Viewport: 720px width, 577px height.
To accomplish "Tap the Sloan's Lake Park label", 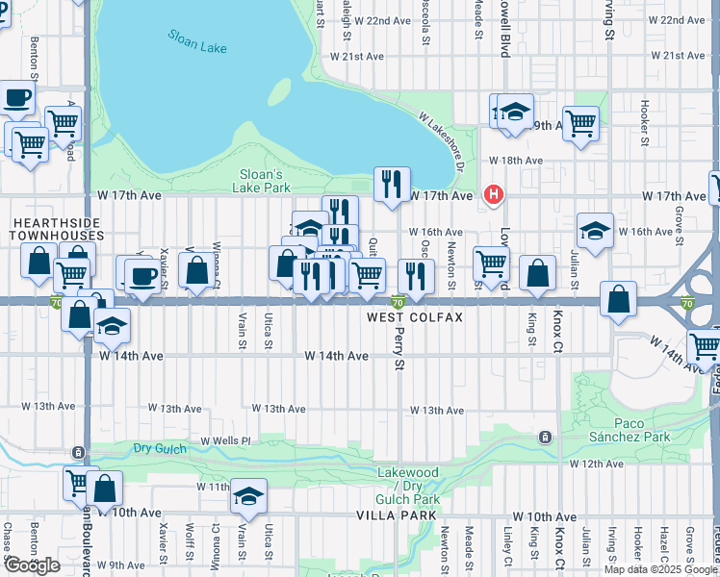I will tap(261, 181).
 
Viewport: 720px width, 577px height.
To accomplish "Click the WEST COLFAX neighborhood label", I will tap(415, 317).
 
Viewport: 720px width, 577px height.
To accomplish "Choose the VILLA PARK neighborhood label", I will tap(390, 516).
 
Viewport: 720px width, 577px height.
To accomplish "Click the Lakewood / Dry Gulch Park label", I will tap(408, 486).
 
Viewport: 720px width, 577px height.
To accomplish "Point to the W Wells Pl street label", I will tap(225, 440).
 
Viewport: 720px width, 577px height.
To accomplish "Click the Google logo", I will tap(32, 564).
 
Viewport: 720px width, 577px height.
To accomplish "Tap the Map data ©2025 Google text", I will tap(661, 569).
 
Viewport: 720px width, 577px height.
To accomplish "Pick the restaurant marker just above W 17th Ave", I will tap(391, 184).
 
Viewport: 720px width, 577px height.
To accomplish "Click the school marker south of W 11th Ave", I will tap(248, 496).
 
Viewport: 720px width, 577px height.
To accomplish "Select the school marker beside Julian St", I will tap(595, 231).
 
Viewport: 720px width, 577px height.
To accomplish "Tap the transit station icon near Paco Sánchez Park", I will tap(545, 437).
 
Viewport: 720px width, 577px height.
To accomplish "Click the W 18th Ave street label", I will tap(515, 161).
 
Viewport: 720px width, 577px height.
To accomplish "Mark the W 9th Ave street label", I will tap(127, 564).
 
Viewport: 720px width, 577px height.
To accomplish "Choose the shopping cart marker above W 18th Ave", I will tap(580, 123).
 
